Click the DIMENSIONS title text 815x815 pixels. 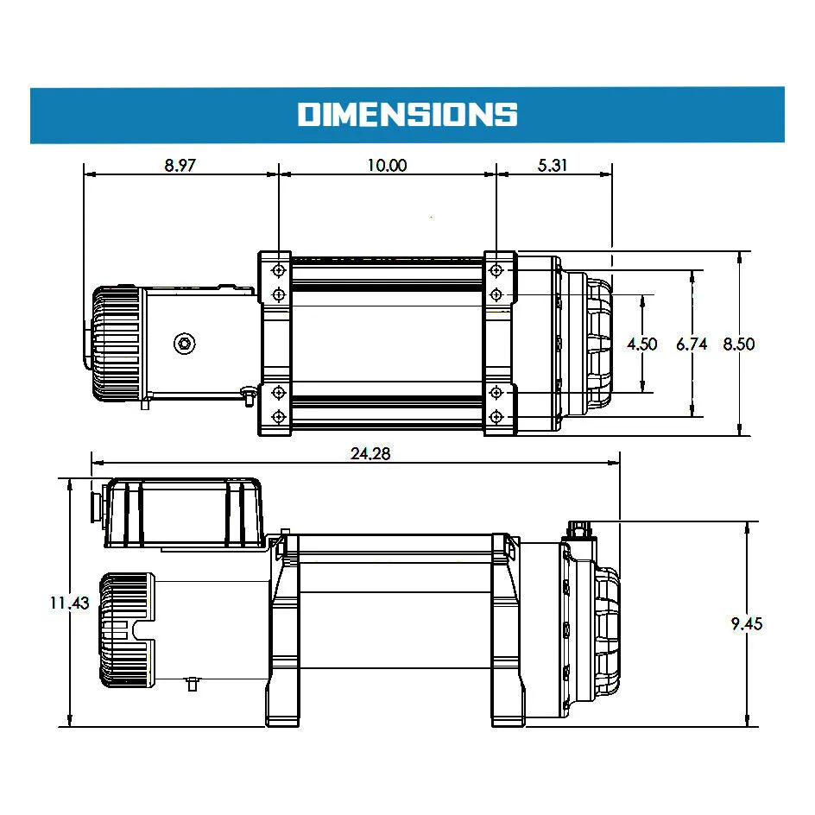point(407,114)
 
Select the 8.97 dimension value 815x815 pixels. point(180,164)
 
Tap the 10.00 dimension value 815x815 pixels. point(386,164)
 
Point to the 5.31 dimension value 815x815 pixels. point(553,164)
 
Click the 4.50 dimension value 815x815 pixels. point(641,344)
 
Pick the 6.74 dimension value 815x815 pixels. point(692,344)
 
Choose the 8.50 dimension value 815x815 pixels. point(739,344)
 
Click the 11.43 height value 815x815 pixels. point(69,603)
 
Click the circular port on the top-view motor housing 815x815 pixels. point(185,344)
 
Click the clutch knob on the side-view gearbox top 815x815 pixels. point(580,528)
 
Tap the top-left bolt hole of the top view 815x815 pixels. point(279,271)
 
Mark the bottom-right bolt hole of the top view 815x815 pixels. point(496,417)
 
